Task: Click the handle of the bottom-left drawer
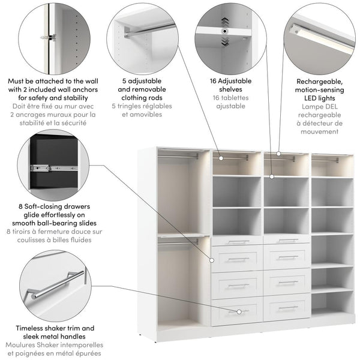point(238,311)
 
